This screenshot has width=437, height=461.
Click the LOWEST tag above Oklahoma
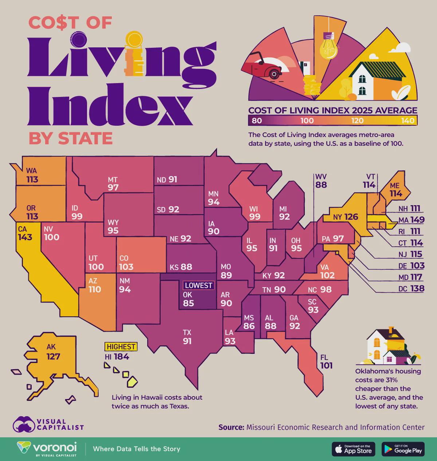point(198,285)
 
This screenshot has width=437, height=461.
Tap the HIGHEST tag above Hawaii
point(121,347)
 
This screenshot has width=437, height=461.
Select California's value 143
point(25,237)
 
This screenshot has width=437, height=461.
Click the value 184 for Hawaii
point(121,357)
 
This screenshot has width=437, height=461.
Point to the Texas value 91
point(187,341)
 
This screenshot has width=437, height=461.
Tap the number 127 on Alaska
point(53,356)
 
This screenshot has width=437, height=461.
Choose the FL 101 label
point(326,361)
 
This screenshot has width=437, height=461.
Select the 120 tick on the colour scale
point(357,121)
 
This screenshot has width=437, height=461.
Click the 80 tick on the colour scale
point(257,121)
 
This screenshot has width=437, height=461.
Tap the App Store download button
point(353,449)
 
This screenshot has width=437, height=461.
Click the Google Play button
point(403,449)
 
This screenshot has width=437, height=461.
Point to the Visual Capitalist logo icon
point(24,425)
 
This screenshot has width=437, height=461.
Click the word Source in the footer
point(231,427)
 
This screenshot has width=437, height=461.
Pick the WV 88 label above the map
point(321,181)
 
